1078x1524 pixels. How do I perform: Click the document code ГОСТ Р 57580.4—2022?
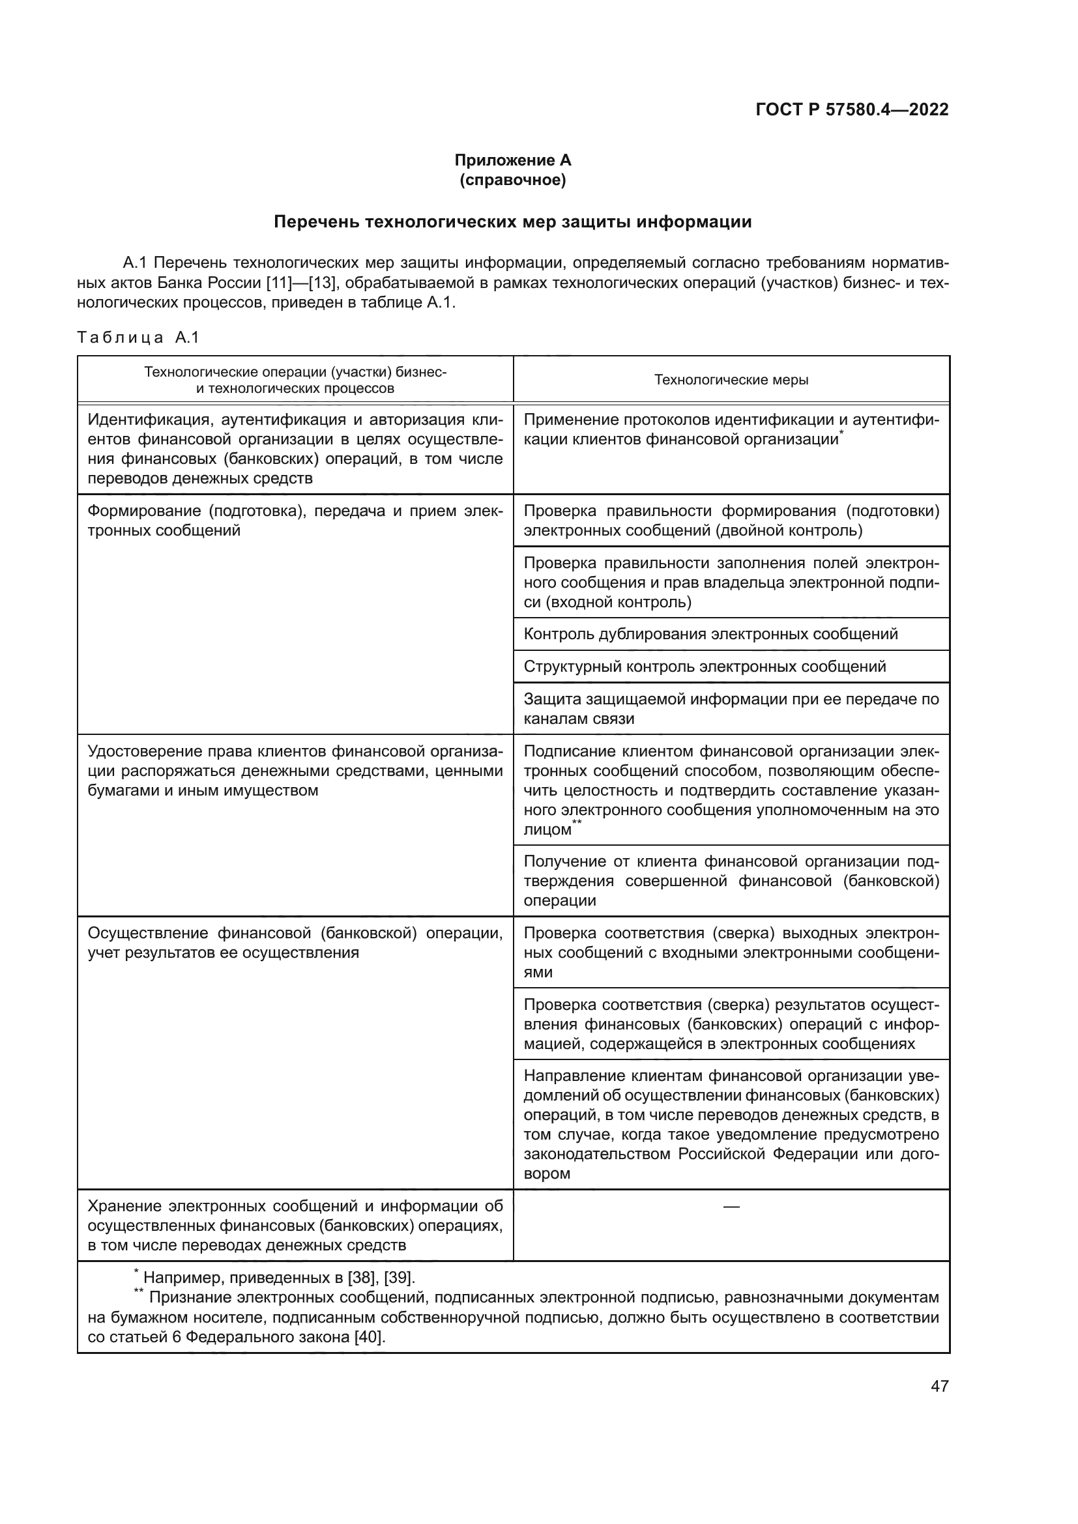click(x=852, y=110)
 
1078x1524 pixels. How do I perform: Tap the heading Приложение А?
click(x=512, y=160)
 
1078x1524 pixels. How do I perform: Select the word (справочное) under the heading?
click(x=512, y=180)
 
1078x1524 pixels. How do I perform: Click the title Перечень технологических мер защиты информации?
click(x=512, y=222)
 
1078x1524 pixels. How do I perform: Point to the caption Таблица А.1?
click(x=138, y=338)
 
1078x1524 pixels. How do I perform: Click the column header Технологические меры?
click(x=731, y=380)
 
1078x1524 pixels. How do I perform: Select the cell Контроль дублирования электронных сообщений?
click(x=710, y=634)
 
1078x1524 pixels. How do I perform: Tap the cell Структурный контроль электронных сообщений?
click(x=705, y=667)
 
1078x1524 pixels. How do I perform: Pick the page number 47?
click(x=939, y=1386)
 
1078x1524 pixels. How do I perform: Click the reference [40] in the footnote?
click(x=370, y=1337)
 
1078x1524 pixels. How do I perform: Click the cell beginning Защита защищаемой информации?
click(x=731, y=708)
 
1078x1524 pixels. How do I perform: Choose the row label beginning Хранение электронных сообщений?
click(x=295, y=1226)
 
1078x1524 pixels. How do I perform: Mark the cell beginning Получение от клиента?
click(x=731, y=881)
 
